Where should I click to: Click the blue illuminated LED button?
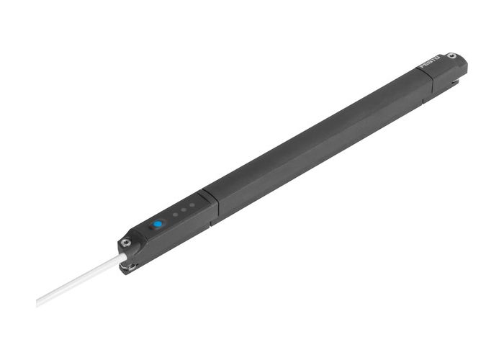pos(157,225)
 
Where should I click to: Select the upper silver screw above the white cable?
pos(125,243)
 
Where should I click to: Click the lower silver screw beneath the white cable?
pos(130,269)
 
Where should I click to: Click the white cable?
pos(79,278)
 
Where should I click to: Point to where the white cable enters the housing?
pos(119,256)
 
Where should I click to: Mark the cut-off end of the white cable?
pos(38,301)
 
